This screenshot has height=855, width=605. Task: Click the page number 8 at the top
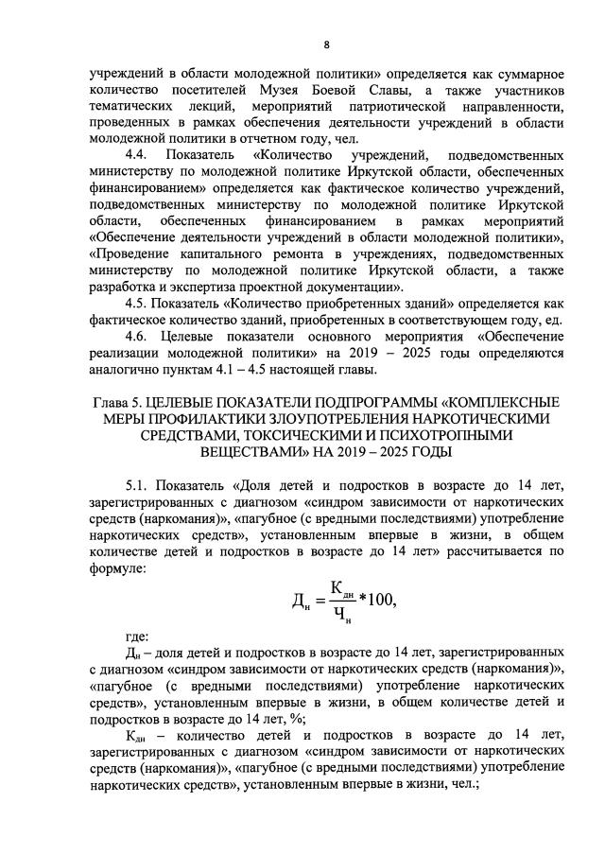(326, 44)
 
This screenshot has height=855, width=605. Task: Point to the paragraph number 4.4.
(138, 154)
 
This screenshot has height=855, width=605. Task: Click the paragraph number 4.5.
(138, 303)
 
